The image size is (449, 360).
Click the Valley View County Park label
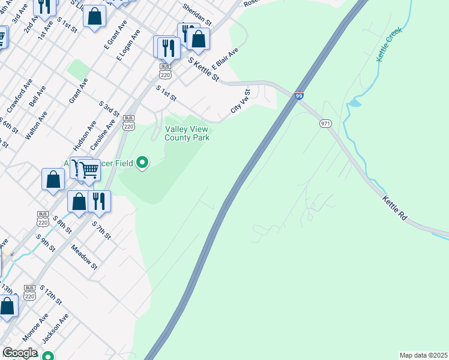[187, 133]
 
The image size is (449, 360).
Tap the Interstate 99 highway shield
[299, 95]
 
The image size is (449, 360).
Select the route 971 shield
[325, 123]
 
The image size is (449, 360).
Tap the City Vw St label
[241, 101]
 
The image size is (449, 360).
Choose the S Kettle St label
[203, 69]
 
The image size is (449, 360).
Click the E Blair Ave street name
[225, 59]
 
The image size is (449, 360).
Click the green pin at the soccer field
[142, 162]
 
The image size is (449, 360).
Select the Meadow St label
[84, 255]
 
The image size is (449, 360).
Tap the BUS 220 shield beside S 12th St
[29, 292]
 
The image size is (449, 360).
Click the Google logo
[20, 353]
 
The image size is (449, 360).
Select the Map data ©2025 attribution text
[423, 355]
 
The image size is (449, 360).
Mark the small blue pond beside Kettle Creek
[354, 103]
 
